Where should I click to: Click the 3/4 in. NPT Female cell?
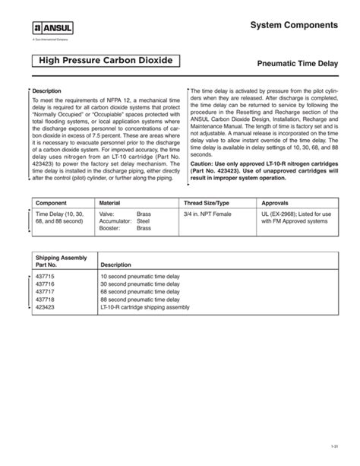click(207, 215)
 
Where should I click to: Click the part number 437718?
click(46, 300)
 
